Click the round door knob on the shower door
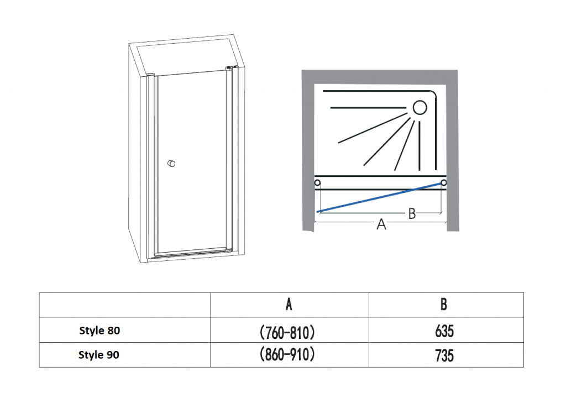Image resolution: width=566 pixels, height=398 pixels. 171,164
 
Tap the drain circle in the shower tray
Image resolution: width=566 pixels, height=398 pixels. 420,107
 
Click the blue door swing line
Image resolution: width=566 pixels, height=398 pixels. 379,197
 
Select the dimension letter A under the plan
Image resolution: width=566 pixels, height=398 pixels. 381,224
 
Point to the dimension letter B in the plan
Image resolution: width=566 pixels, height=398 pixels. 412,213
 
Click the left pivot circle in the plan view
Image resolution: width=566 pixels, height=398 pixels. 317,183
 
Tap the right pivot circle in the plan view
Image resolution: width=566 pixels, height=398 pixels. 444,183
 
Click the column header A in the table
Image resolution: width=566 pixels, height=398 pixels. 289,305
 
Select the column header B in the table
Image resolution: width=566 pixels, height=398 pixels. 444,305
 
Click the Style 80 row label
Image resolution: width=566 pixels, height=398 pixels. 99,331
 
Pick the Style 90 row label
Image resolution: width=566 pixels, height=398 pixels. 99,355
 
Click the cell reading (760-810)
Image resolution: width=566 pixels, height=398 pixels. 287,332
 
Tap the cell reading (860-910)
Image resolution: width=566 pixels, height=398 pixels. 287,354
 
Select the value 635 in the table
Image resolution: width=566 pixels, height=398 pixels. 444,331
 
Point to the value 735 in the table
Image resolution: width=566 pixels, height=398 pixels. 444,356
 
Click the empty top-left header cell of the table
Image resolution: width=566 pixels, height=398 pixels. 125,305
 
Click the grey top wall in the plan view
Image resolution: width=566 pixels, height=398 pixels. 380,77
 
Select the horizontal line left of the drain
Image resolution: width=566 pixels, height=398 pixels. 369,108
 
